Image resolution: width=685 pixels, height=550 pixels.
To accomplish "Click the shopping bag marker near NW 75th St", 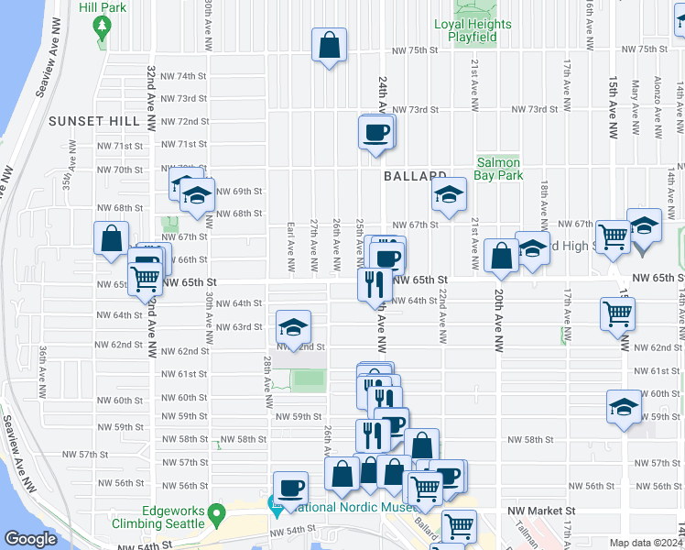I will (329, 45).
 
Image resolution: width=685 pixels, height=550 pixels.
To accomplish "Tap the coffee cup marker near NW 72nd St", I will (376, 132).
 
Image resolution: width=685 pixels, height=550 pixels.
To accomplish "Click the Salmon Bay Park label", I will (498, 169).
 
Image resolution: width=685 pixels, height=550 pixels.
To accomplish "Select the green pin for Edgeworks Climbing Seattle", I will (217, 513).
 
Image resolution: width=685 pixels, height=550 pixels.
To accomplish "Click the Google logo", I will (30, 539).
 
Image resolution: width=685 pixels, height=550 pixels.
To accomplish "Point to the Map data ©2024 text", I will (645, 542).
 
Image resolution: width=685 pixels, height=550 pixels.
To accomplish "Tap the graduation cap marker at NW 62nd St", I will (293, 327).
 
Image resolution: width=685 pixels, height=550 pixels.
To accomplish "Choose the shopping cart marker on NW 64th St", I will (618, 313).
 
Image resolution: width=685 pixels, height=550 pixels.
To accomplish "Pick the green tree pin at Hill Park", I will (101, 27).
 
